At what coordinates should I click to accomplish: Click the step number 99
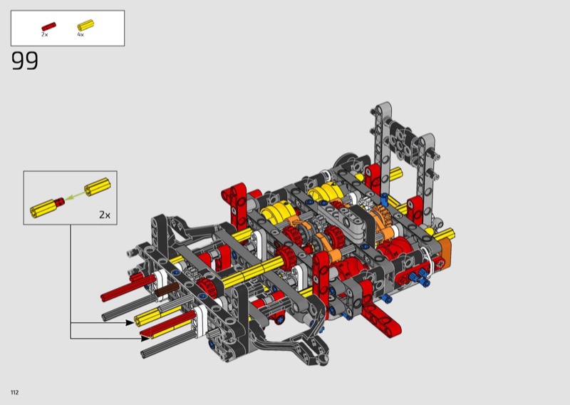point(25,61)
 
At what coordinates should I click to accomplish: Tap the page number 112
point(14,392)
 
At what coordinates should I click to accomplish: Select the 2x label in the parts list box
point(44,34)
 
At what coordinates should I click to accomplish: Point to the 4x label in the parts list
point(81,34)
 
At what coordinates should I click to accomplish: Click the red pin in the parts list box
point(48,26)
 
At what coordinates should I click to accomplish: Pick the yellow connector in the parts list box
point(85,25)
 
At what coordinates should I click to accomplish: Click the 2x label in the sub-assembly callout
point(105,215)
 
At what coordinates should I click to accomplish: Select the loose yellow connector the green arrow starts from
point(97,186)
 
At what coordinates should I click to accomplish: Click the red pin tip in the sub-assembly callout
point(59,201)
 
